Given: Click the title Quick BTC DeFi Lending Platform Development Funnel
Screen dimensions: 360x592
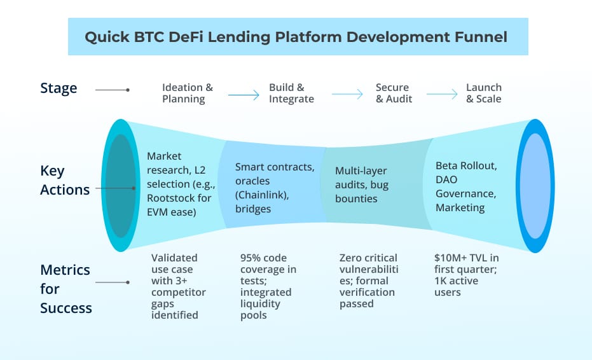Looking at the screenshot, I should (x=296, y=37).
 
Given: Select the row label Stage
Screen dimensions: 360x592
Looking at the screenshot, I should (x=59, y=88).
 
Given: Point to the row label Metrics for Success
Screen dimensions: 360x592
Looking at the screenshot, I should (x=66, y=289).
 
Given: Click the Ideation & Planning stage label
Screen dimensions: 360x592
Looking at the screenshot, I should (x=188, y=93).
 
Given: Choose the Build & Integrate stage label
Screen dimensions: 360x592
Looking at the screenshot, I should (x=291, y=93).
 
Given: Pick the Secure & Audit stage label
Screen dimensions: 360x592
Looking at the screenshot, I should (x=394, y=93).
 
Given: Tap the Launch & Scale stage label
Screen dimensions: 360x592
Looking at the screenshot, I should (x=483, y=93).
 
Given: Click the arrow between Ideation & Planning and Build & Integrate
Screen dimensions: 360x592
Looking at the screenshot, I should (x=244, y=95).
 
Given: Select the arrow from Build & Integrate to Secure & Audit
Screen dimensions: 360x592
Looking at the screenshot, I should (x=347, y=95).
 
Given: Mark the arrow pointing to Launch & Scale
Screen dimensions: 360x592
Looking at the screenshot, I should (x=442, y=95).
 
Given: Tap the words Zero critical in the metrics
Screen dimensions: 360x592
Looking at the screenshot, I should (x=368, y=258).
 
